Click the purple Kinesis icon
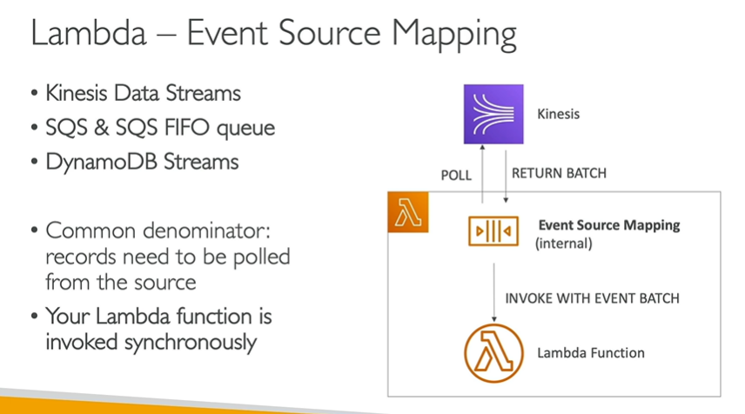coord(493,114)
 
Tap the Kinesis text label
coord(559,114)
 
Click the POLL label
coord(456,175)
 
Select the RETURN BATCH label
coord(559,173)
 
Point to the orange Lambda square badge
coord(407,214)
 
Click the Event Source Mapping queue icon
coord(493,231)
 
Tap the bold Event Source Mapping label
coord(609,225)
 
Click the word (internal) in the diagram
coord(563,244)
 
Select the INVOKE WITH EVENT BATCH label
coord(592,298)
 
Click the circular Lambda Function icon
coord(493,352)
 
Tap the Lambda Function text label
coord(591,353)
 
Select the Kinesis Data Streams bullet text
coord(143,92)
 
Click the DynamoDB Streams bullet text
coord(141,163)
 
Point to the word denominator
coord(218,231)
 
